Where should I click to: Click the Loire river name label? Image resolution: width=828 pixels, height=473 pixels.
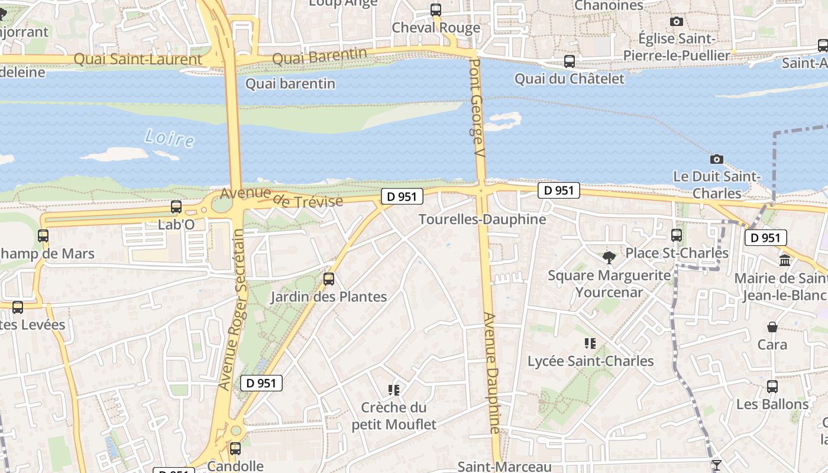pyautogui.click(x=169, y=138)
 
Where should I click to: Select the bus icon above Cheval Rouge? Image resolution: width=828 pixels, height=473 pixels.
pyautogui.click(x=436, y=10)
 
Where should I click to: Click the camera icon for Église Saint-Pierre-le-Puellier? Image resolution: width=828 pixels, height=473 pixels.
pyautogui.click(x=677, y=22)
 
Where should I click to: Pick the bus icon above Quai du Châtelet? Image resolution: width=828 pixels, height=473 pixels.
pyautogui.click(x=570, y=61)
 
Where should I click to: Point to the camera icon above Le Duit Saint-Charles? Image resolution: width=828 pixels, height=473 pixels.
pyautogui.click(x=717, y=159)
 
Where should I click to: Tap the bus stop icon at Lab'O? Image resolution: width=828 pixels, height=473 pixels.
pyautogui.click(x=176, y=207)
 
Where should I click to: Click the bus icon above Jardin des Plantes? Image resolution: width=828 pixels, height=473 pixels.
pyautogui.click(x=329, y=279)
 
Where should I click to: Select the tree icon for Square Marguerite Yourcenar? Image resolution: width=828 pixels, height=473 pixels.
pyautogui.click(x=609, y=258)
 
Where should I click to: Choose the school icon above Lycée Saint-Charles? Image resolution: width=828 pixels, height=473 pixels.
pyautogui.click(x=590, y=344)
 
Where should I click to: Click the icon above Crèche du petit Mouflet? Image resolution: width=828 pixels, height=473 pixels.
pyautogui.click(x=394, y=390)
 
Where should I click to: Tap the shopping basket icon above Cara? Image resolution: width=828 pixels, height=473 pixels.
pyautogui.click(x=772, y=327)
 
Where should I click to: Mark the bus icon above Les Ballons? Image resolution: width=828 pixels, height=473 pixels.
pyautogui.click(x=772, y=387)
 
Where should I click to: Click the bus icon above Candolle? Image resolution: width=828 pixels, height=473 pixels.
pyautogui.click(x=235, y=449)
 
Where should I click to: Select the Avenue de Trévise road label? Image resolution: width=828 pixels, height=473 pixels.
pyautogui.click(x=282, y=198)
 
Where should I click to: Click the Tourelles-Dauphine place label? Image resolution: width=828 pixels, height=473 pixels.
pyautogui.click(x=482, y=219)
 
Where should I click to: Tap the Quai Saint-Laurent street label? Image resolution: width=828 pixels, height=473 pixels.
pyautogui.click(x=138, y=59)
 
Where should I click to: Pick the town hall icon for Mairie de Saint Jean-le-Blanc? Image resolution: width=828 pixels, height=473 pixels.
pyautogui.click(x=785, y=260)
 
